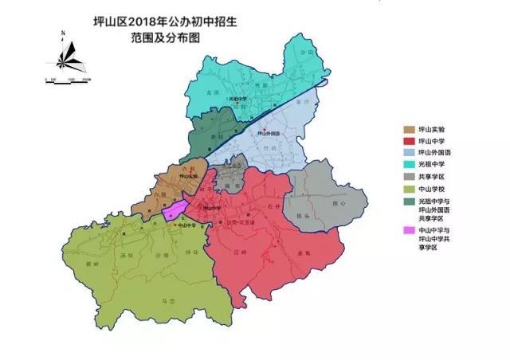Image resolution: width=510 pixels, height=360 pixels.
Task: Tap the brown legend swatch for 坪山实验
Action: click(x=409, y=127)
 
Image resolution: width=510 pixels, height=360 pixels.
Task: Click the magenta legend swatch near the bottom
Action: click(x=409, y=230)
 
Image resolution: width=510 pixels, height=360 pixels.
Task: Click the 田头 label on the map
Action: click(x=302, y=216)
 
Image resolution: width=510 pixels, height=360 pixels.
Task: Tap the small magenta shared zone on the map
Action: click(x=175, y=210)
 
